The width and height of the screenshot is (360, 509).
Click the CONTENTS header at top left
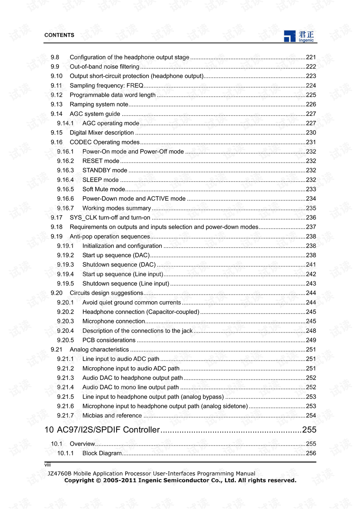pos(59,35)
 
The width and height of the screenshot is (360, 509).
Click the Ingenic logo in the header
pos(298,36)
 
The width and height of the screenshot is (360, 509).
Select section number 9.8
pos(55,57)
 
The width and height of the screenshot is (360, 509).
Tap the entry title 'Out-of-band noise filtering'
pos(104,67)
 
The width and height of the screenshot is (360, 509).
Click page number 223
pos(311,76)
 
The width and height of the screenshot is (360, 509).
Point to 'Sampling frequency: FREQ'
pos(106,86)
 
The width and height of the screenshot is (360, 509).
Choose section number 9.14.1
pos(65,123)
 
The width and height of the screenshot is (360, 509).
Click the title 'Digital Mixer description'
pos(102,133)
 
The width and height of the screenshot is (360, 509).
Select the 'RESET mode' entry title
pos(100,161)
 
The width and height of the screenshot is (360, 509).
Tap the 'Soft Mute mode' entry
pos(103,189)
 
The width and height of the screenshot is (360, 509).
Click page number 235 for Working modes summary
pos(311,208)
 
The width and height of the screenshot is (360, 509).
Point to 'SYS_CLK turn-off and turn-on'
pos(110,218)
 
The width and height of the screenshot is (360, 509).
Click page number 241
pos(311,265)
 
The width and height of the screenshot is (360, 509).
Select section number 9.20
pos(57,293)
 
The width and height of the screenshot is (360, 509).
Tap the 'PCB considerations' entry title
pos(109,340)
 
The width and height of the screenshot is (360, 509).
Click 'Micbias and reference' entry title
pos(112,416)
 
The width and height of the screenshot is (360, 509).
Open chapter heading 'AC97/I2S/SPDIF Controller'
pos(108,430)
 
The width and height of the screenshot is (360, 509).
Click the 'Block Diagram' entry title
pos(102,453)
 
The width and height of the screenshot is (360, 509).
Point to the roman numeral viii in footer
pos(48,465)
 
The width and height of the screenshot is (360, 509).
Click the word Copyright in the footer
pos(79,480)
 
